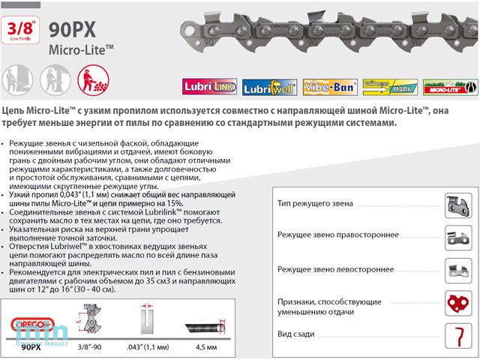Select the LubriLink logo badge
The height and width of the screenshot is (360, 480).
[x=203, y=86]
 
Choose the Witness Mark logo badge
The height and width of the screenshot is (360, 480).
[x=388, y=86]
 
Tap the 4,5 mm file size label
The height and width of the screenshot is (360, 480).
[x=207, y=347]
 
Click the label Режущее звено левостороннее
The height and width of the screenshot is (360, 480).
[x=334, y=268]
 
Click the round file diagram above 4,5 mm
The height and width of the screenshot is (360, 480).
[x=207, y=324]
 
